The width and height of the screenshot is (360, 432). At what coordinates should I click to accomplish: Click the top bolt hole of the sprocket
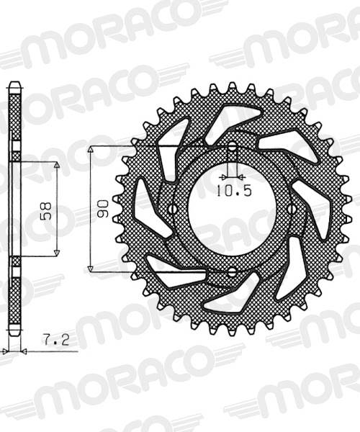pos(233,148)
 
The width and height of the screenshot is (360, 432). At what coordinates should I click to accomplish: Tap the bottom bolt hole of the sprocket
pos(233,272)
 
